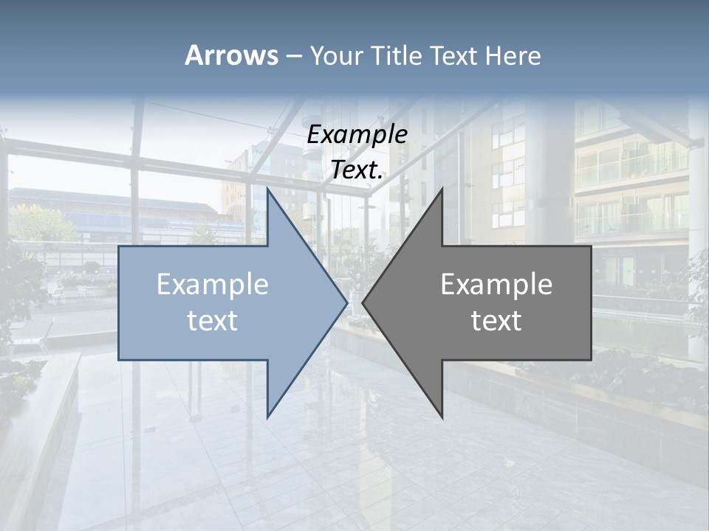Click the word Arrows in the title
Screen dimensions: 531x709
click(x=231, y=55)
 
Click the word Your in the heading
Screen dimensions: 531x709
click(x=335, y=57)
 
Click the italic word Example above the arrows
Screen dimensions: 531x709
click(x=357, y=134)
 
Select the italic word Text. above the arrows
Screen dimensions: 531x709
click(x=357, y=170)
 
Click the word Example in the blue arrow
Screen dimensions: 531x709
click(x=213, y=285)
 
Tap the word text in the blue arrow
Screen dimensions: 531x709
click(x=213, y=321)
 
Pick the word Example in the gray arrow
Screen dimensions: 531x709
click(x=496, y=285)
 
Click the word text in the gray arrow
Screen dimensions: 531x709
click(x=496, y=321)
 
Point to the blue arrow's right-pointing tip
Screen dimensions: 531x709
click(x=346, y=302)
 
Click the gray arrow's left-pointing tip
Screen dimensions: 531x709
click(x=363, y=302)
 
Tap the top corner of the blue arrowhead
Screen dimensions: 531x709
click(x=267, y=189)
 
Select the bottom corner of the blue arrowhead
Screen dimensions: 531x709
click(x=267, y=417)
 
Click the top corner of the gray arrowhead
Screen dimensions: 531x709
click(x=442, y=189)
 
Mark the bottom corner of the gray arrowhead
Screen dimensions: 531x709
click(x=442, y=417)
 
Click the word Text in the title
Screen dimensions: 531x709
click(x=454, y=56)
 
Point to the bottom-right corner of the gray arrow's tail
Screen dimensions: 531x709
click(x=591, y=360)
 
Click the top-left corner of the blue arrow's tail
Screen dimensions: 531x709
click(x=119, y=246)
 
